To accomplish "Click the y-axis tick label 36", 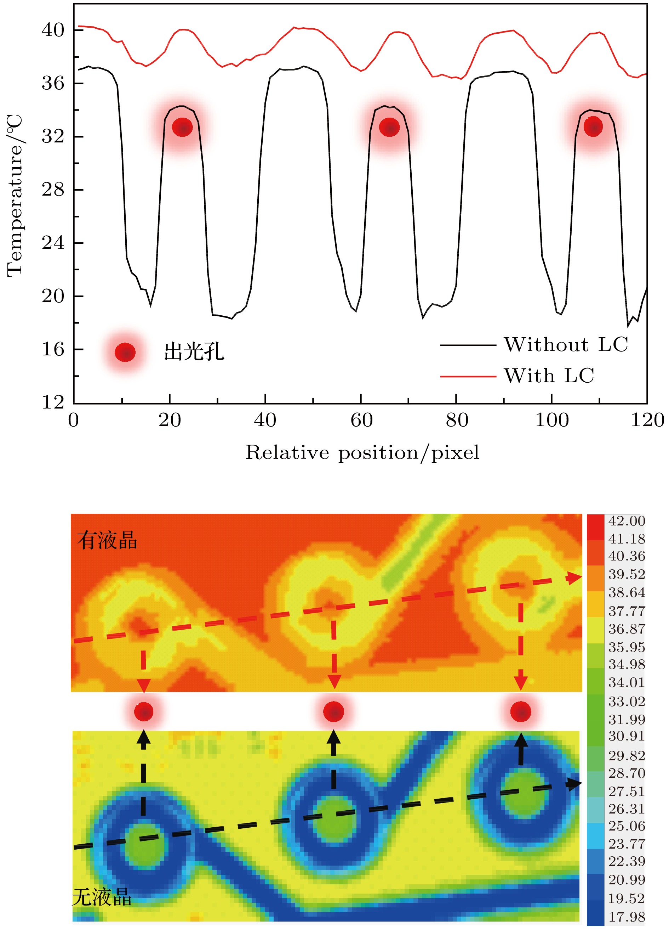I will [53, 83].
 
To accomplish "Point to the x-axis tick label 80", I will [457, 420].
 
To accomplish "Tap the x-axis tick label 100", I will [552, 420].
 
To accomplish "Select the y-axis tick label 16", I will [53, 349].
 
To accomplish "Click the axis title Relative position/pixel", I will [362, 452].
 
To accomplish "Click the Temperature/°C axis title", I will [15, 196].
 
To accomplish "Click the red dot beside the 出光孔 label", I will [125, 352].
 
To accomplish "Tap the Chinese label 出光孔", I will [194, 352].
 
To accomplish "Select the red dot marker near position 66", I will [389, 128].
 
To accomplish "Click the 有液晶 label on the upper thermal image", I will [107, 540].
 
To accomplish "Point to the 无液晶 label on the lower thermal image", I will [102, 897].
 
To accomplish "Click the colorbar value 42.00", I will [627, 521].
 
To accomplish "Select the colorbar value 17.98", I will [627, 917].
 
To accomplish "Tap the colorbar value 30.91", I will [627, 736].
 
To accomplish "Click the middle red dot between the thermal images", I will [334, 712].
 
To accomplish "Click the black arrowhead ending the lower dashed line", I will [574, 784].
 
